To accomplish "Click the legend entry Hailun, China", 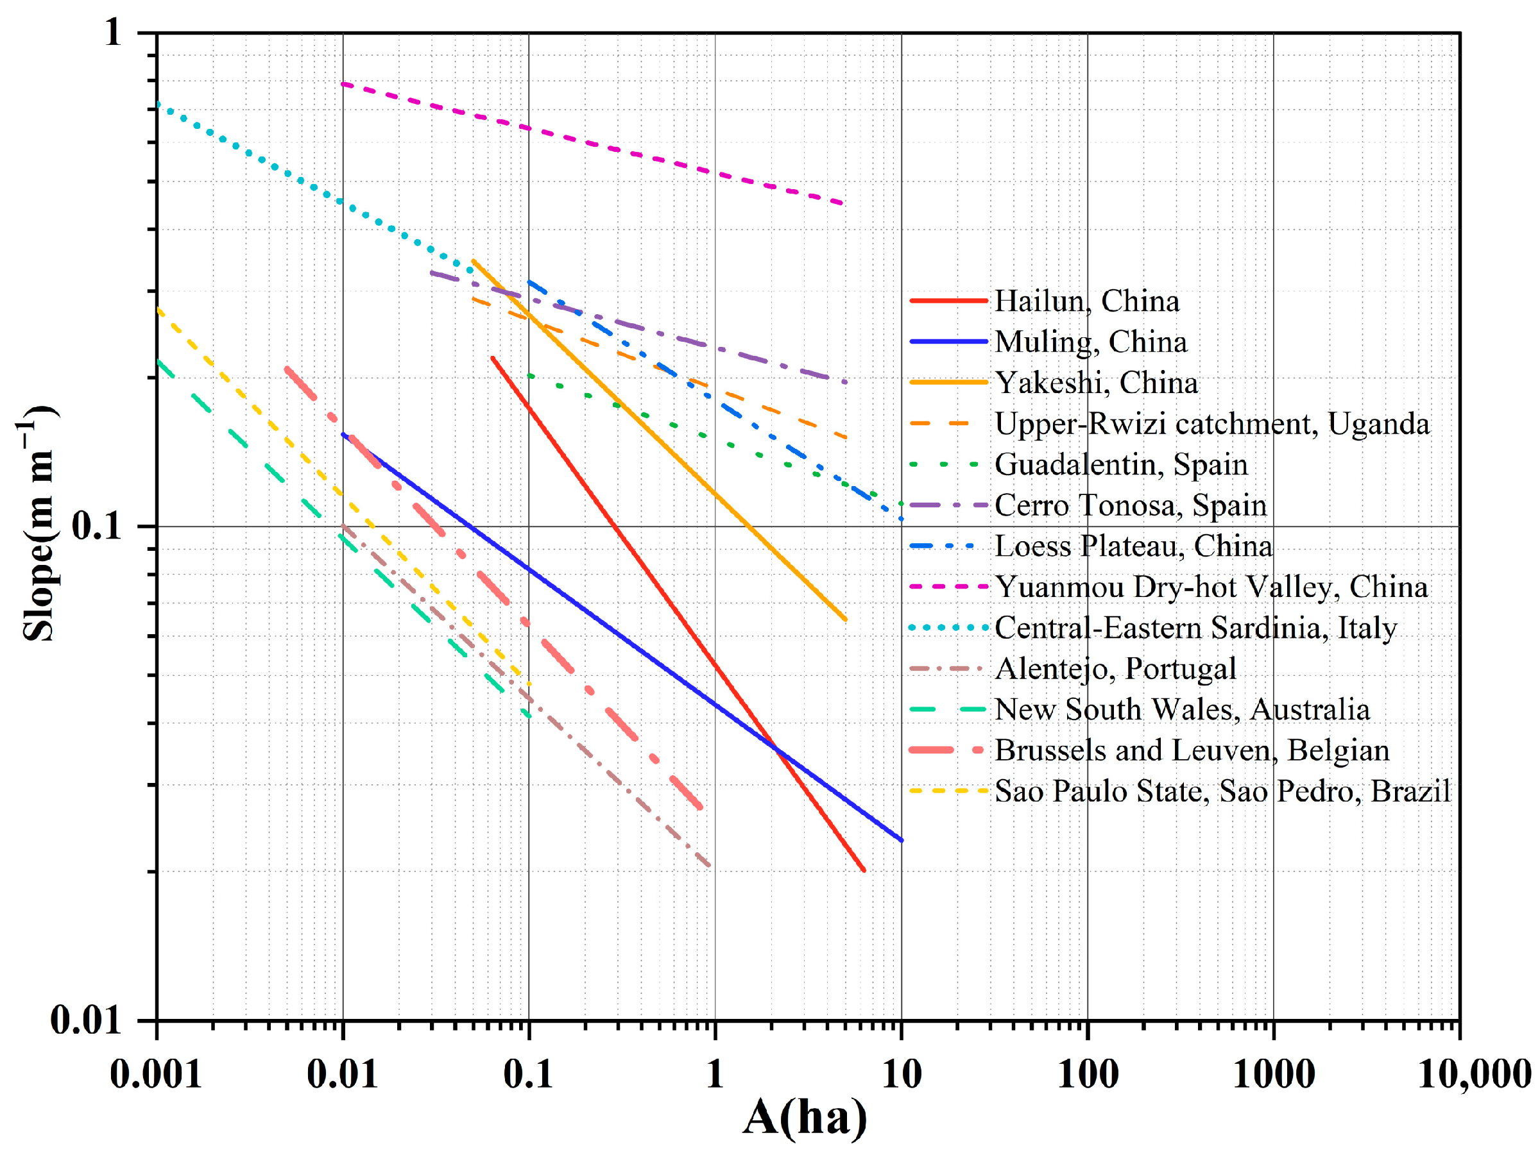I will click(x=1086, y=301).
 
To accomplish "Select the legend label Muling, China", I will click(x=1090, y=342).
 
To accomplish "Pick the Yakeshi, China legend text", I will click(x=1096, y=383).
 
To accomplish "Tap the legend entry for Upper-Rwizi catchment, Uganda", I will click(x=1211, y=424).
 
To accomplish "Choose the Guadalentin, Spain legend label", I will click(x=1120, y=465).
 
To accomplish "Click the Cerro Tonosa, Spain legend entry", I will click(x=1130, y=506).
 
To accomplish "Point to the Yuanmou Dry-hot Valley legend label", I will click(x=1211, y=587).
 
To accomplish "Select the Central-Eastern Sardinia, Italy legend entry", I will click(x=1195, y=628).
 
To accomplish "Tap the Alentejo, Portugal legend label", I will click(x=1115, y=669).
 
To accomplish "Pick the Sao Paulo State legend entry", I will click(x=1222, y=792).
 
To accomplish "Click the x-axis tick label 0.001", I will click(x=156, y=1074).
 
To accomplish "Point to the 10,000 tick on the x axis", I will click(x=1473, y=1074).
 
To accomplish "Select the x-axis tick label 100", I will click(x=1088, y=1074).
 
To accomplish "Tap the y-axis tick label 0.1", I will click(x=97, y=526).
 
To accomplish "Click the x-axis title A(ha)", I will click(x=805, y=1118).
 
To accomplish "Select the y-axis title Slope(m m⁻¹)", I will click(x=38, y=523).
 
